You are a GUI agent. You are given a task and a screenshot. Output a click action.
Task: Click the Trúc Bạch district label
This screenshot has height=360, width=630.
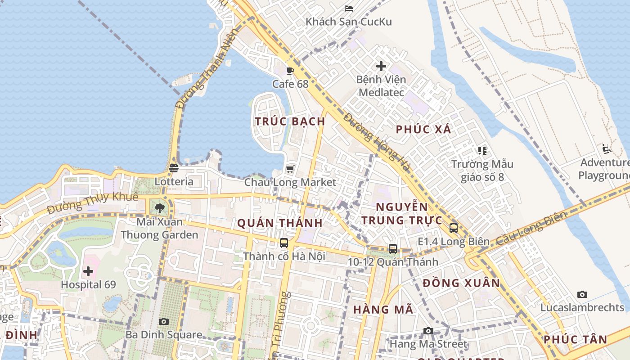(290, 121)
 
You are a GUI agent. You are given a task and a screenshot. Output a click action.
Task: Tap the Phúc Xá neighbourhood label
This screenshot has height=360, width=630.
(423, 130)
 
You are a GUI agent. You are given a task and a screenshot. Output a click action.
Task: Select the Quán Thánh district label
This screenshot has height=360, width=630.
(279, 223)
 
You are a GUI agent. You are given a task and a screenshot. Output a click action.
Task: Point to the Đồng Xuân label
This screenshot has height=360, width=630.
(461, 283)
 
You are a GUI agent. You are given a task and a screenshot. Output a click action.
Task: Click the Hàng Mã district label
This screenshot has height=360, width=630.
(383, 310)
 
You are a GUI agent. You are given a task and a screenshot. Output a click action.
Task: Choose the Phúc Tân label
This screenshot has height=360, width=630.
(575, 340)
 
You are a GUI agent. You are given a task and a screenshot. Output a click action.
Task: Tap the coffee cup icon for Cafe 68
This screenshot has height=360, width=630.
(290, 71)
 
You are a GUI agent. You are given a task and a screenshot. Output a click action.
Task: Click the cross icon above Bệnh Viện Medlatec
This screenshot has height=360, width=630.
(381, 66)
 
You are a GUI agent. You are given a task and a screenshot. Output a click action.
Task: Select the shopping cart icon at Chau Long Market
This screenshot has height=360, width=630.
(290, 169)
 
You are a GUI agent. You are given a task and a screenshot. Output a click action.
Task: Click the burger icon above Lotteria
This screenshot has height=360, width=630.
(174, 168)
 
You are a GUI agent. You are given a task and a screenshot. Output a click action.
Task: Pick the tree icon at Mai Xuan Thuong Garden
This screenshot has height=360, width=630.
(159, 208)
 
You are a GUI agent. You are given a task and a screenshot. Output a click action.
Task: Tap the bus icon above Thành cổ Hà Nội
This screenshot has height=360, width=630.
(284, 243)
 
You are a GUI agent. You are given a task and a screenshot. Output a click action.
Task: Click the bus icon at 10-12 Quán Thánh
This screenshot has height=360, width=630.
(393, 248)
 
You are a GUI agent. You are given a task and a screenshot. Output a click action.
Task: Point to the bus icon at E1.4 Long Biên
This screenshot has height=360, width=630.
(454, 228)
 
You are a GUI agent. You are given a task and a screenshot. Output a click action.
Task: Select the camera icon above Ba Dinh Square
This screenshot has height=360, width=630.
(164, 321)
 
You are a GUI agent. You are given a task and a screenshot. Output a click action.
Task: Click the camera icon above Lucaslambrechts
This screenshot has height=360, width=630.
(582, 294)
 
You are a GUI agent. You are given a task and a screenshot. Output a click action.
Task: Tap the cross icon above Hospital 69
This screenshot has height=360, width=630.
(88, 271)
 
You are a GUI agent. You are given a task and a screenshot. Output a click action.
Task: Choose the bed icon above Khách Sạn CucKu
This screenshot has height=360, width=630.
(349, 8)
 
